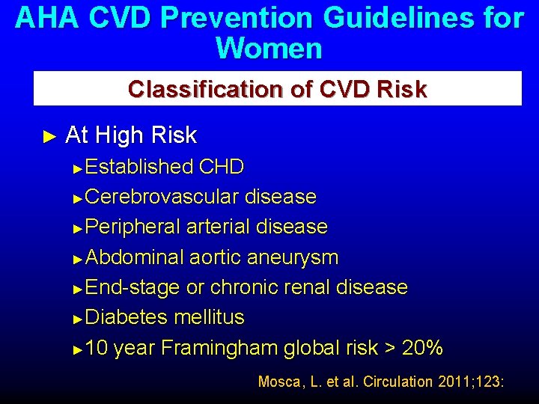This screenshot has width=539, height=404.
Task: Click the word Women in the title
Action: (269, 49)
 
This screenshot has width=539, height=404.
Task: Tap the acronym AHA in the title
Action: (46, 18)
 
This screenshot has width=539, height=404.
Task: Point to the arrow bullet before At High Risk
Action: (50, 136)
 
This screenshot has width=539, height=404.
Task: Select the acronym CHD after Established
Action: (222, 167)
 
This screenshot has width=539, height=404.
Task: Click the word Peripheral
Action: (133, 227)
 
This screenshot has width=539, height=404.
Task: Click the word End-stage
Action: (133, 287)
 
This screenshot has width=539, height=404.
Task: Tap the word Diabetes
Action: (127, 317)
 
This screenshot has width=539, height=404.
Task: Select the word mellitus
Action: (209, 317)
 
